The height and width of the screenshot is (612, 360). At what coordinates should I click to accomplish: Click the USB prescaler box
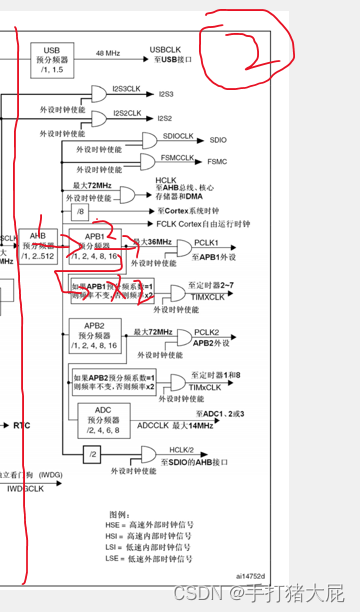(x=54, y=58)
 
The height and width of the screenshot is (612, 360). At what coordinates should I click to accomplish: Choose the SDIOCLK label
(x=177, y=135)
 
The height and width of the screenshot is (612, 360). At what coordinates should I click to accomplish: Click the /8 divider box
(x=81, y=211)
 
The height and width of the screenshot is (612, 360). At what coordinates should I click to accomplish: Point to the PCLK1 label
(x=207, y=242)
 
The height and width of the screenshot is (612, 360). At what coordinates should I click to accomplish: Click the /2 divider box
(x=91, y=454)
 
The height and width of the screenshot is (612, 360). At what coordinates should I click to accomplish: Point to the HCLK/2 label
(x=181, y=449)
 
